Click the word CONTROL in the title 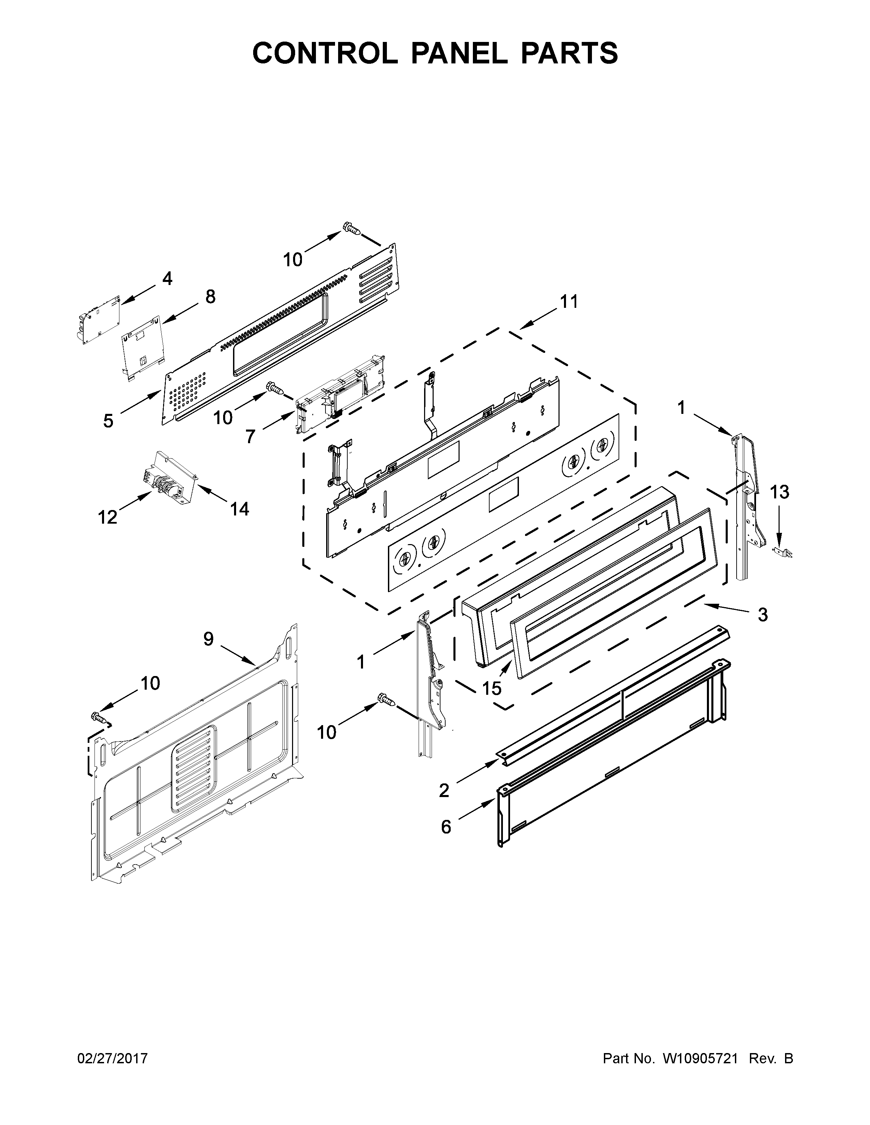click(x=325, y=53)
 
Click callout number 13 click(x=779, y=493)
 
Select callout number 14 click(x=240, y=509)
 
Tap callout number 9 click(x=208, y=639)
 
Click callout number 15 click(x=491, y=688)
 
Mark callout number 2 click(x=444, y=790)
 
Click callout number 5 click(x=108, y=421)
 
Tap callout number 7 click(x=250, y=436)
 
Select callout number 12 click(x=108, y=517)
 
